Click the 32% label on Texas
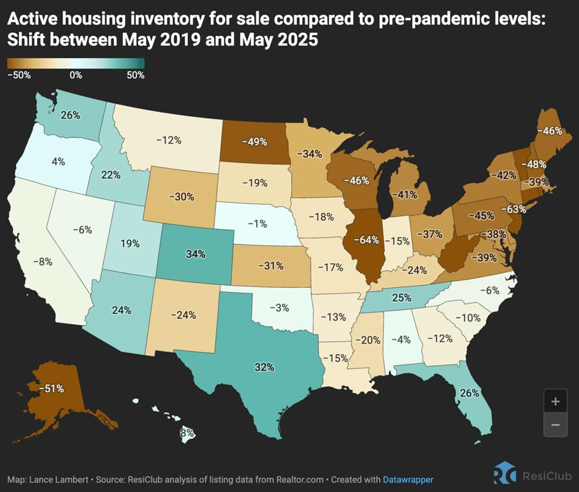pyautogui.click(x=264, y=367)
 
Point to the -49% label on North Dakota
pyautogui.click(x=254, y=142)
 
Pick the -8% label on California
pyautogui.click(x=44, y=261)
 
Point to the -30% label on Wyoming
pyautogui.click(x=182, y=196)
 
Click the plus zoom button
pyautogui.click(x=555, y=401)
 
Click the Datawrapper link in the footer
pyautogui.click(x=408, y=480)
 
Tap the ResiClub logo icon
pyautogui.click(x=504, y=473)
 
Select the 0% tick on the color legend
pyautogui.click(x=76, y=76)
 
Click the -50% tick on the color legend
pyautogui.click(x=19, y=76)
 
